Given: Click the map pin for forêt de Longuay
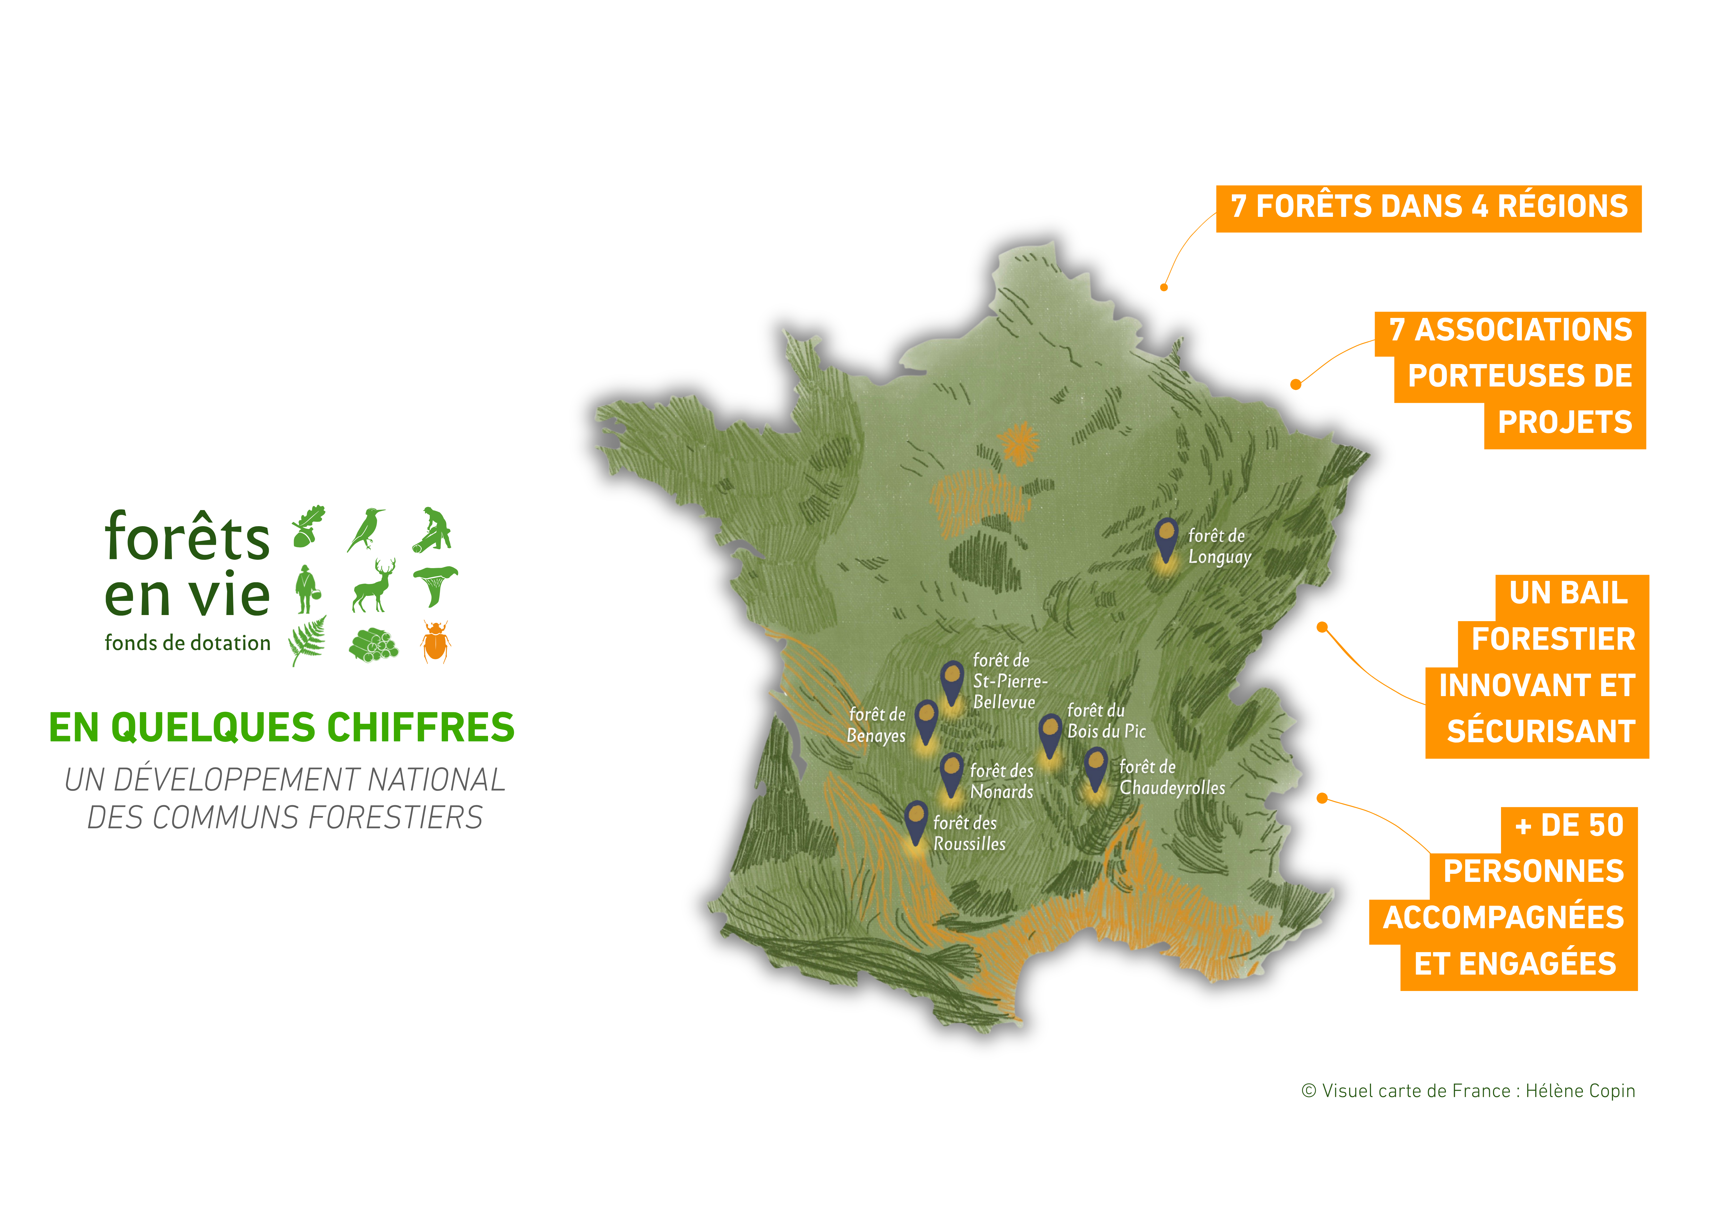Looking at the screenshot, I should point(1167,538).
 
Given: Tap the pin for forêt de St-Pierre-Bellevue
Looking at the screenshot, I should point(952,680).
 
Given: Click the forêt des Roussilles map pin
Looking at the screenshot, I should point(915,822).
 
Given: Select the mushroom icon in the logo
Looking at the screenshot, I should point(435,584).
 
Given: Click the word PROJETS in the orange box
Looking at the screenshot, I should point(1564,422).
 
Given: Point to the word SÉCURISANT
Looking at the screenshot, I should point(1541,732).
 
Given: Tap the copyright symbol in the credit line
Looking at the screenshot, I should point(1309,1091).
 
